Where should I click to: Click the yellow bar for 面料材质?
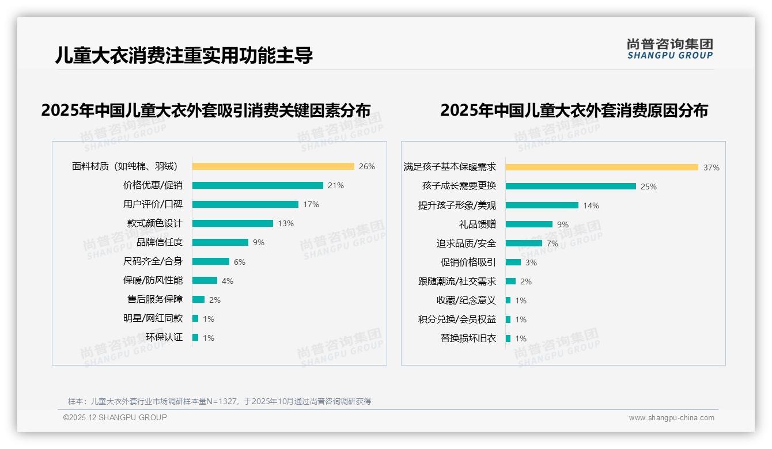(x=273, y=166)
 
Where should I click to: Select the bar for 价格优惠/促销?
(x=258, y=185)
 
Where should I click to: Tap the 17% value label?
(x=311, y=204)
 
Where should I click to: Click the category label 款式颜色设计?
(x=154, y=223)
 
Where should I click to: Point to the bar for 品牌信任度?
(x=220, y=242)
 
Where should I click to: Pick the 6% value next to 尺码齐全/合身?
(x=240, y=262)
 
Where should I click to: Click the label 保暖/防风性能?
(x=153, y=280)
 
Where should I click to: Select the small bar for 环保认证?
(x=195, y=337)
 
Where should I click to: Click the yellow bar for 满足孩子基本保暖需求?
(x=601, y=168)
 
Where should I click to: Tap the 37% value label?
(x=711, y=168)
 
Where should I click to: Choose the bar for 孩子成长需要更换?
(x=570, y=187)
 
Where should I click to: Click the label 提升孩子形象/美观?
(x=457, y=206)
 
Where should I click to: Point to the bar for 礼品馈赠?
(x=529, y=224)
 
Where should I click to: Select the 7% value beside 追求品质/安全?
(x=552, y=244)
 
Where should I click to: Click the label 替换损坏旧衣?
(x=468, y=338)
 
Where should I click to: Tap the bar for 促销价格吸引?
(x=513, y=262)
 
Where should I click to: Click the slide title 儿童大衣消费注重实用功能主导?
(x=184, y=55)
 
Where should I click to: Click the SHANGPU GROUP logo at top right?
(x=669, y=49)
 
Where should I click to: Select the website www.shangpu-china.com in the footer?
(x=671, y=418)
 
